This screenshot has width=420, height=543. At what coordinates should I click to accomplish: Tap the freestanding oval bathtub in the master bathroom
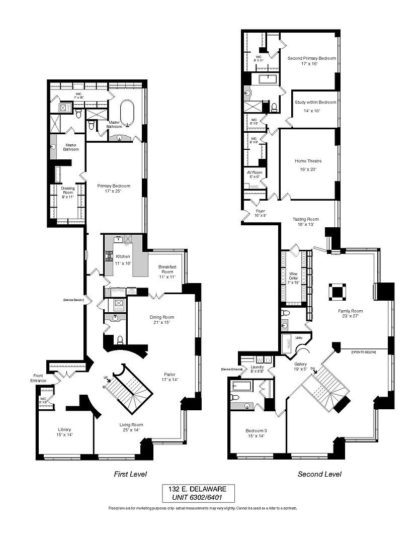[128, 112]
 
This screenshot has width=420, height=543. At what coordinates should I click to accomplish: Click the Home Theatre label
[308, 161]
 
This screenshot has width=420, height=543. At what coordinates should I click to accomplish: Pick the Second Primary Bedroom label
[311, 58]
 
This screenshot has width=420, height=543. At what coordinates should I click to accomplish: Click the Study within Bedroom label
[315, 103]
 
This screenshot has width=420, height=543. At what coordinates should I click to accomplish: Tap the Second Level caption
[319, 474]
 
